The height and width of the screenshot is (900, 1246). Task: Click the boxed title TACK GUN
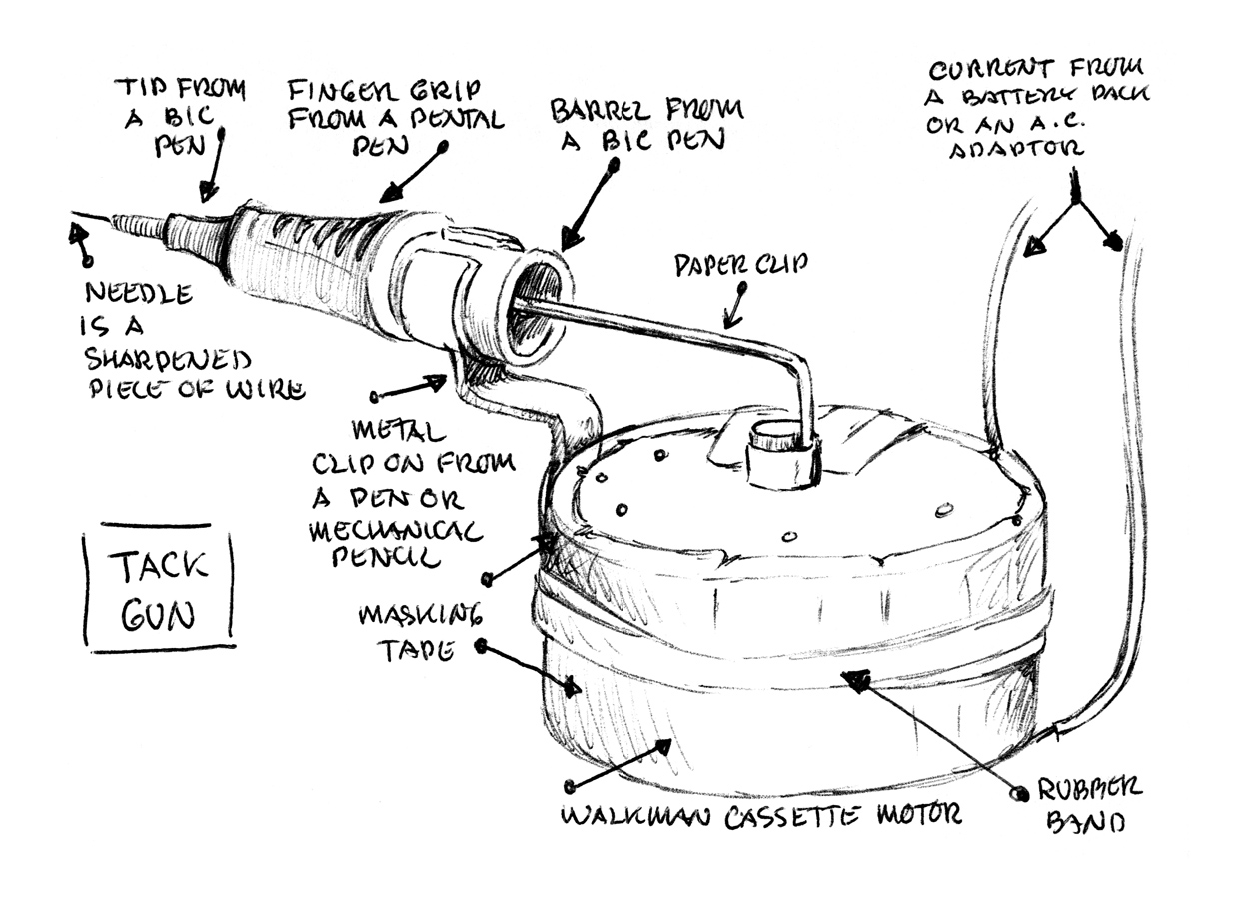coord(160,590)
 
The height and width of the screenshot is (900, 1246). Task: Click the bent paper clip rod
coord(679,334)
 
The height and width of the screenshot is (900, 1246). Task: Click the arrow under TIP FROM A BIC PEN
coord(214,165)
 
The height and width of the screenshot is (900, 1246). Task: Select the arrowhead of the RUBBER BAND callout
coord(854,680)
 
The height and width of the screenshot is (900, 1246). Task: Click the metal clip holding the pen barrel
coord(520,400)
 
